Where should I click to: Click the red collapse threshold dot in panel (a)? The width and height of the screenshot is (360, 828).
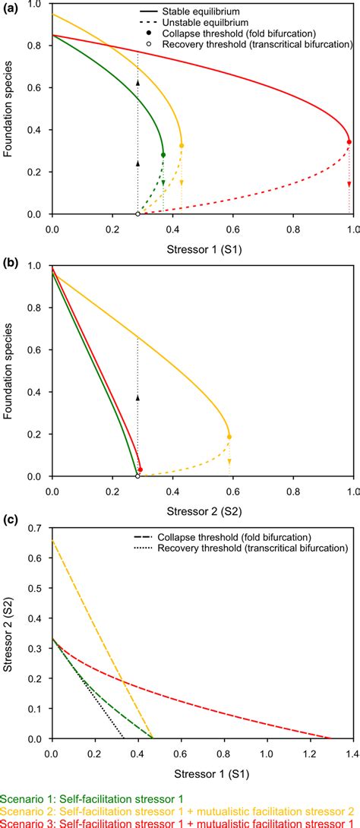click(349, 142)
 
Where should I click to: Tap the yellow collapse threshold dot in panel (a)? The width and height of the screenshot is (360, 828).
click(182, 145)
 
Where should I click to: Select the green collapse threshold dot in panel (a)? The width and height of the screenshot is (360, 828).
click(163, 155)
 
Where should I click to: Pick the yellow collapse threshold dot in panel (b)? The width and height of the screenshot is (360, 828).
click(229, 437)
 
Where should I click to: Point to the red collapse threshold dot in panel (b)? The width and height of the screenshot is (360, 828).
click(141, 470)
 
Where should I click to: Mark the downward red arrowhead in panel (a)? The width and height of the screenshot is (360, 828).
click(349, 185)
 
